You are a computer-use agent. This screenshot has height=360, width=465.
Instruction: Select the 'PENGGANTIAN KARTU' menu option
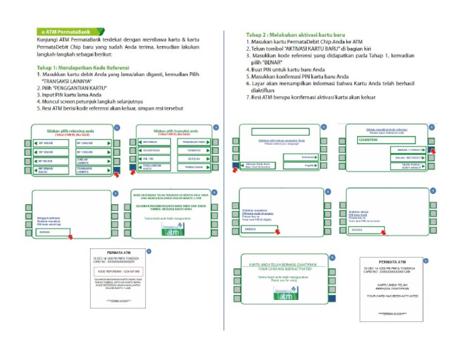pyautogui.click(x=151, y=167)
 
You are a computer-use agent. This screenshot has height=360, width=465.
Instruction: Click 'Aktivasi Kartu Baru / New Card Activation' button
pyautogui.click(x=260, y=165)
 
